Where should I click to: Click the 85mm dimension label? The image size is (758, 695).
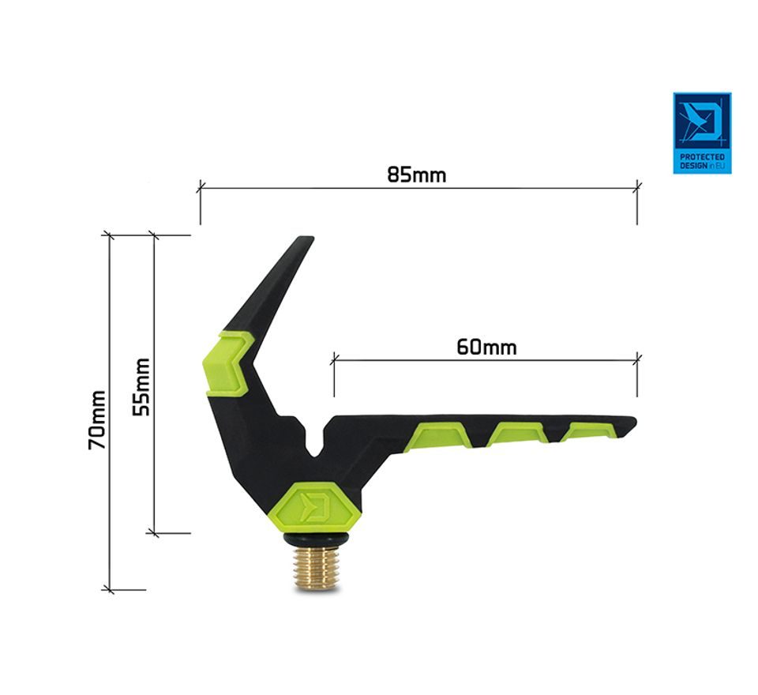tap(416, 175)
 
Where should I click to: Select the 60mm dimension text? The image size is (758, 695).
tap(486, 347)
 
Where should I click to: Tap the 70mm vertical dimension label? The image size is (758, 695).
tap(98, 420)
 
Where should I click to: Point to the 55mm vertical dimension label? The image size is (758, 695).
tap(141, 387)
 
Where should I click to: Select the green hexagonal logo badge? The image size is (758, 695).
tap(321, 507)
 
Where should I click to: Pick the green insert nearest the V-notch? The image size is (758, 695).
tap(437, 436)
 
